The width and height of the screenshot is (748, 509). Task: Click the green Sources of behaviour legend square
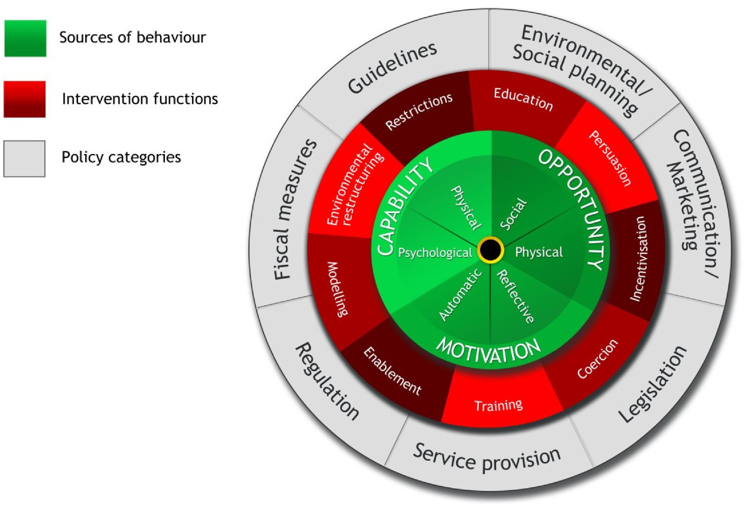coord(25,38)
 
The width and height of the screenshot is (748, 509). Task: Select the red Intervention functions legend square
coord(24,99)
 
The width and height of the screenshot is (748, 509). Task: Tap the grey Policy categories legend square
coord(24,159)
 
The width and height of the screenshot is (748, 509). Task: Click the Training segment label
coord(498,405)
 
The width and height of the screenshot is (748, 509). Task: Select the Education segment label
coord(523,99)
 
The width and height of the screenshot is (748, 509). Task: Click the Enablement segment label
coord(392,371)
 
